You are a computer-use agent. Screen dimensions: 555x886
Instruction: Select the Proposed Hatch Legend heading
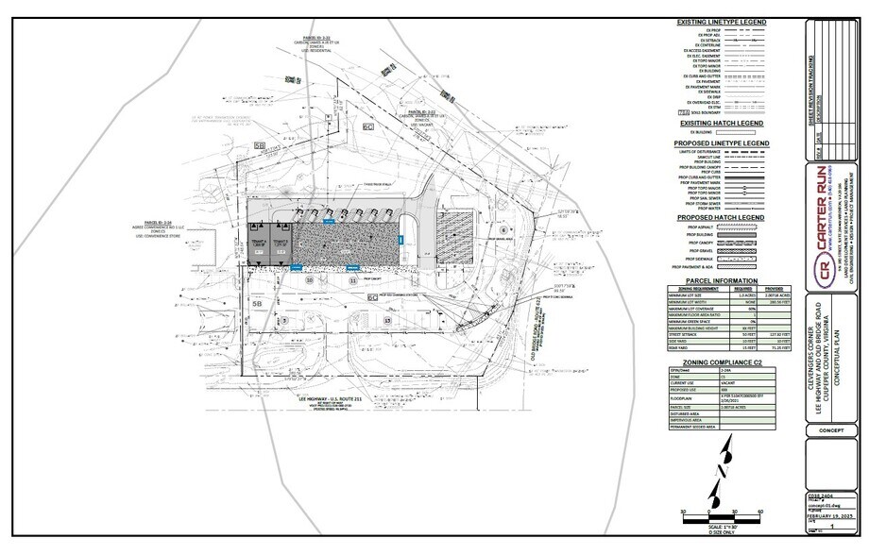pyautogui.click(x=721, y=218)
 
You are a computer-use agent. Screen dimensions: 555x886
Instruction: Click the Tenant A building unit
pyautogui.click(x=258, y=243)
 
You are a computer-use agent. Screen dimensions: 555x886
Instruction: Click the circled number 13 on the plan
pyautogui.click(x=388, y=321)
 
